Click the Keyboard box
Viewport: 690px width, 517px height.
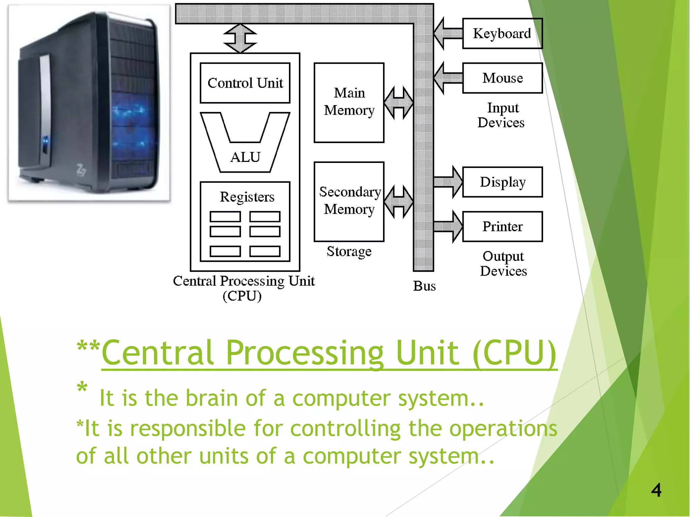point(502,33)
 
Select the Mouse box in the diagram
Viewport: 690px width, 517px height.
point(502,78)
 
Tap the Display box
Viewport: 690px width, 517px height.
point(502,182)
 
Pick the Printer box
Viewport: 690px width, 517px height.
point(502,226)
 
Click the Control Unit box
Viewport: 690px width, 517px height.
point(245,83)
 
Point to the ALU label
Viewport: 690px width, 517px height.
point(245,157)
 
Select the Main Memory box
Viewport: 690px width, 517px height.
point(349,102)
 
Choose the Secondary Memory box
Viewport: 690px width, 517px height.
point(349,201)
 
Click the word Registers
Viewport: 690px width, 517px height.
point(247,197)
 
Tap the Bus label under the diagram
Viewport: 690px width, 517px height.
point(424,286)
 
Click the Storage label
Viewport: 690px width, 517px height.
point(349,251)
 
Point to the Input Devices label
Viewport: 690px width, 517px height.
point(501,115)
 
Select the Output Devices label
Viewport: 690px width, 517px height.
point(503,264)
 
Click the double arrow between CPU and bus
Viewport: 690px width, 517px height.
point(240,38)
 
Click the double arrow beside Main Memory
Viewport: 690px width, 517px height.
point(399,103)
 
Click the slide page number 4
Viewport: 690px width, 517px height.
point(656,490)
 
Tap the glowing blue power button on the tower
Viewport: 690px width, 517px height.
point(45,141)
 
